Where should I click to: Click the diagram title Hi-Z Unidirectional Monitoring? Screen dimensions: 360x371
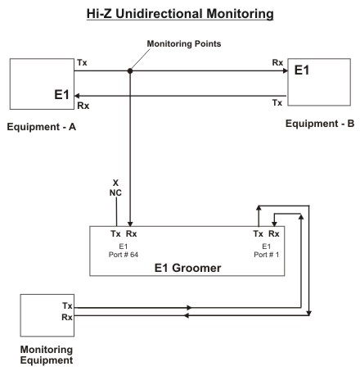(x=180, y=14)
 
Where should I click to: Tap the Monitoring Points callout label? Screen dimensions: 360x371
(x=184, y=43)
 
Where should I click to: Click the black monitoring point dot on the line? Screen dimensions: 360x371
(x=130, y=71)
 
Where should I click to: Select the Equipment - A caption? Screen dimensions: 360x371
(x=42, y=127)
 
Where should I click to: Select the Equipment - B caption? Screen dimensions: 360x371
(x=320, y=124)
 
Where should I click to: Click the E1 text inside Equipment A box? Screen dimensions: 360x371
(x=61, y=95)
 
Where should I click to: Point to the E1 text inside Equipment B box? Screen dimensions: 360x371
(x=302, y=70)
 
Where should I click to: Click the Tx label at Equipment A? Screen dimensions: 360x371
(x=82, y=63)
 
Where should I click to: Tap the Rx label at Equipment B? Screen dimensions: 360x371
(x=277, y=63)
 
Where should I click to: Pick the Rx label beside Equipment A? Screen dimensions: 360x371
(x=83, y=106)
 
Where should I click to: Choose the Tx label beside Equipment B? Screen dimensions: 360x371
(x=277, y=103)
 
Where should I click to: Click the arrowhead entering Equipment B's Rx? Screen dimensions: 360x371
(x=286, y=71)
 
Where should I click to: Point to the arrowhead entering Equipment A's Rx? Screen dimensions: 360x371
(x=77, y=96)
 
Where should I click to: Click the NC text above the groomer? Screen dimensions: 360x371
(x=115, y=193)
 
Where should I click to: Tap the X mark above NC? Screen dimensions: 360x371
(x=115, y=183)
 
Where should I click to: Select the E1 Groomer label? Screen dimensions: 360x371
(x=187, y=268)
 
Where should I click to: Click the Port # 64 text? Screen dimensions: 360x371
(x=124, y=255)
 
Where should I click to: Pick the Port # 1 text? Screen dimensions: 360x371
(x=267, y=255)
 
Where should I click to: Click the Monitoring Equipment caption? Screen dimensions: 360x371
(x=47, y=355)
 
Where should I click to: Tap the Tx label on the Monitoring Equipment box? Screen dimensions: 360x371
(x=67, y=305)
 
